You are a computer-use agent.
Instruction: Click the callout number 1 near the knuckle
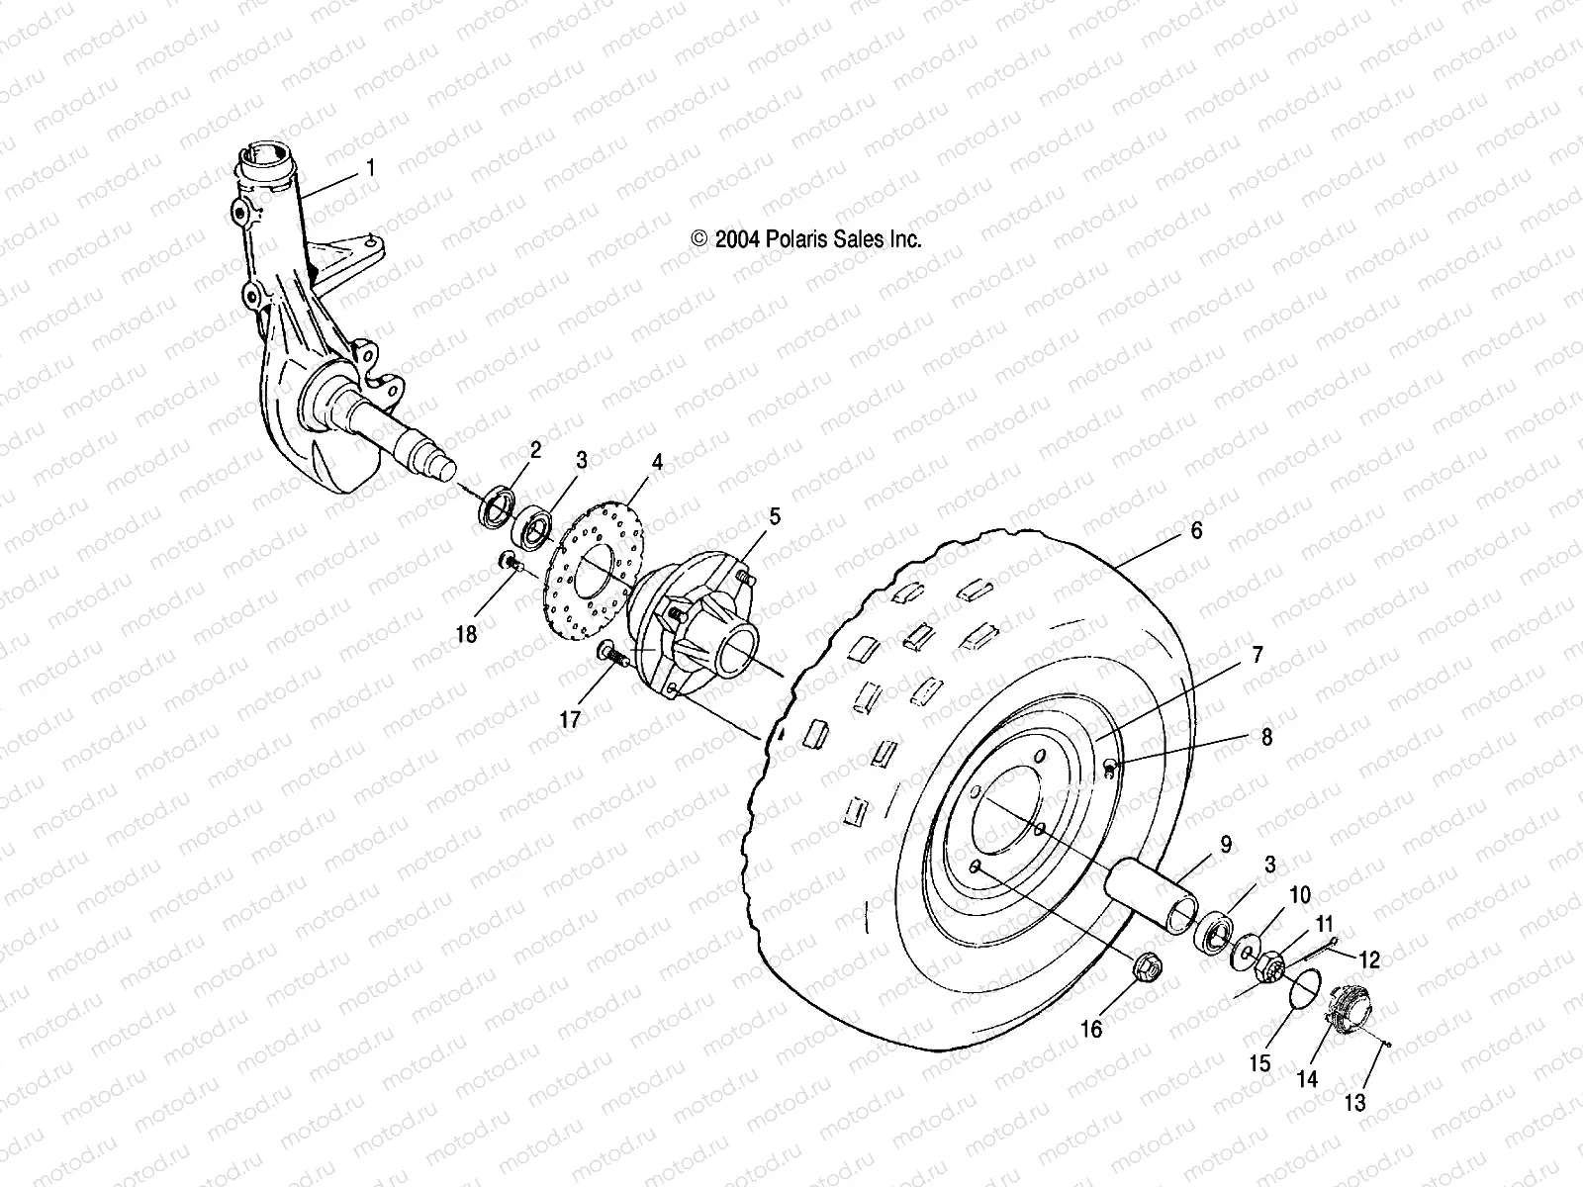[x=370, y=169]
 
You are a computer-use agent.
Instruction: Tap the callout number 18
[x=466, y=633]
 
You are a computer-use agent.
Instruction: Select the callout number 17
[x=571, y=719]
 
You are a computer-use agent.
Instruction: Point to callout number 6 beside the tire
[x=1196, y=531]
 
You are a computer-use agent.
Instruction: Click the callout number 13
[x=1354, y=1102]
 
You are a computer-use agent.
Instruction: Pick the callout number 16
[x=1090, y=1030]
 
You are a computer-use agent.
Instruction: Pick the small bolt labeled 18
[x=509, y=563]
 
